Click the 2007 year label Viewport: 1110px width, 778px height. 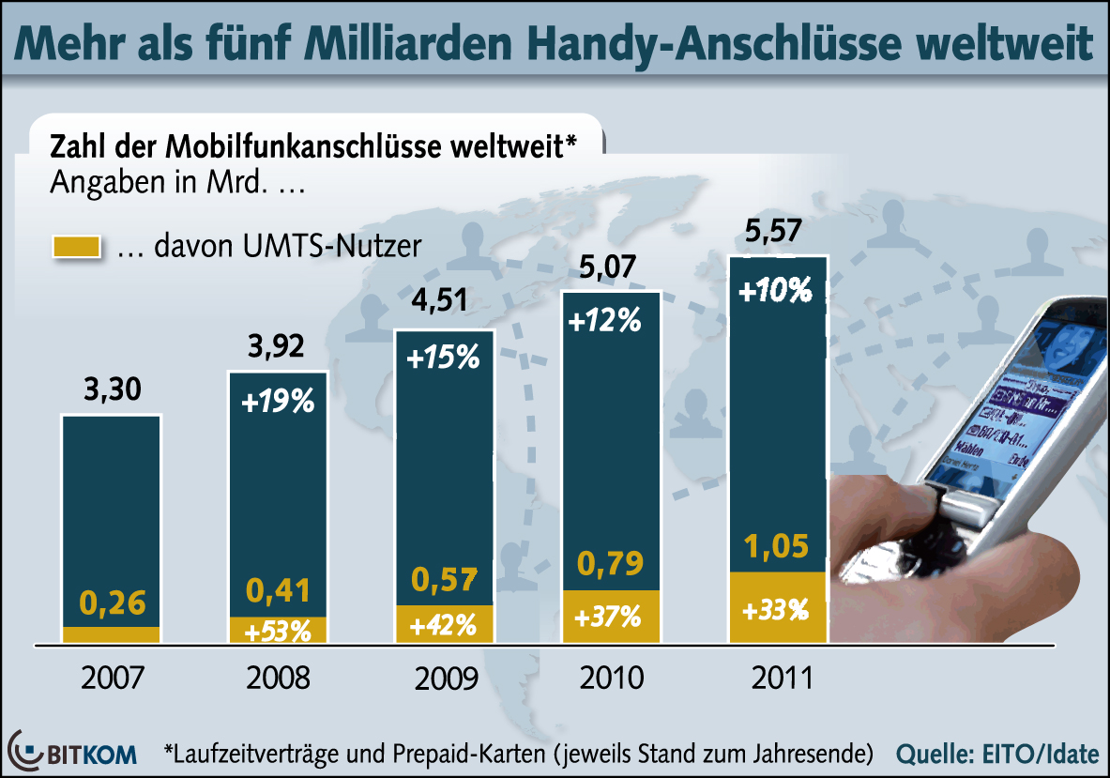[x=112, y=677]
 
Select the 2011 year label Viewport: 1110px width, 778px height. [x=778, y=677]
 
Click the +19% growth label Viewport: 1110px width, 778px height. [x=278, y=404]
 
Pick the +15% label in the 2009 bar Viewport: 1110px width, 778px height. [x=443, y=359]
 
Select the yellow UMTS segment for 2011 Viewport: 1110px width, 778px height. [x=778, y=607]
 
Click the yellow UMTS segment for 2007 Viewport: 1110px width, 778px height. [x=112, y=634]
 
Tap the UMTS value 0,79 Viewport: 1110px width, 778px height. [x=610, y=564]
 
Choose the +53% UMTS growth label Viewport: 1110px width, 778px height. [x=278, y=631]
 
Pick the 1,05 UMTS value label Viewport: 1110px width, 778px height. [x=778, y=545]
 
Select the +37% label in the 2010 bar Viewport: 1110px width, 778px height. [x=610, y=617]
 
